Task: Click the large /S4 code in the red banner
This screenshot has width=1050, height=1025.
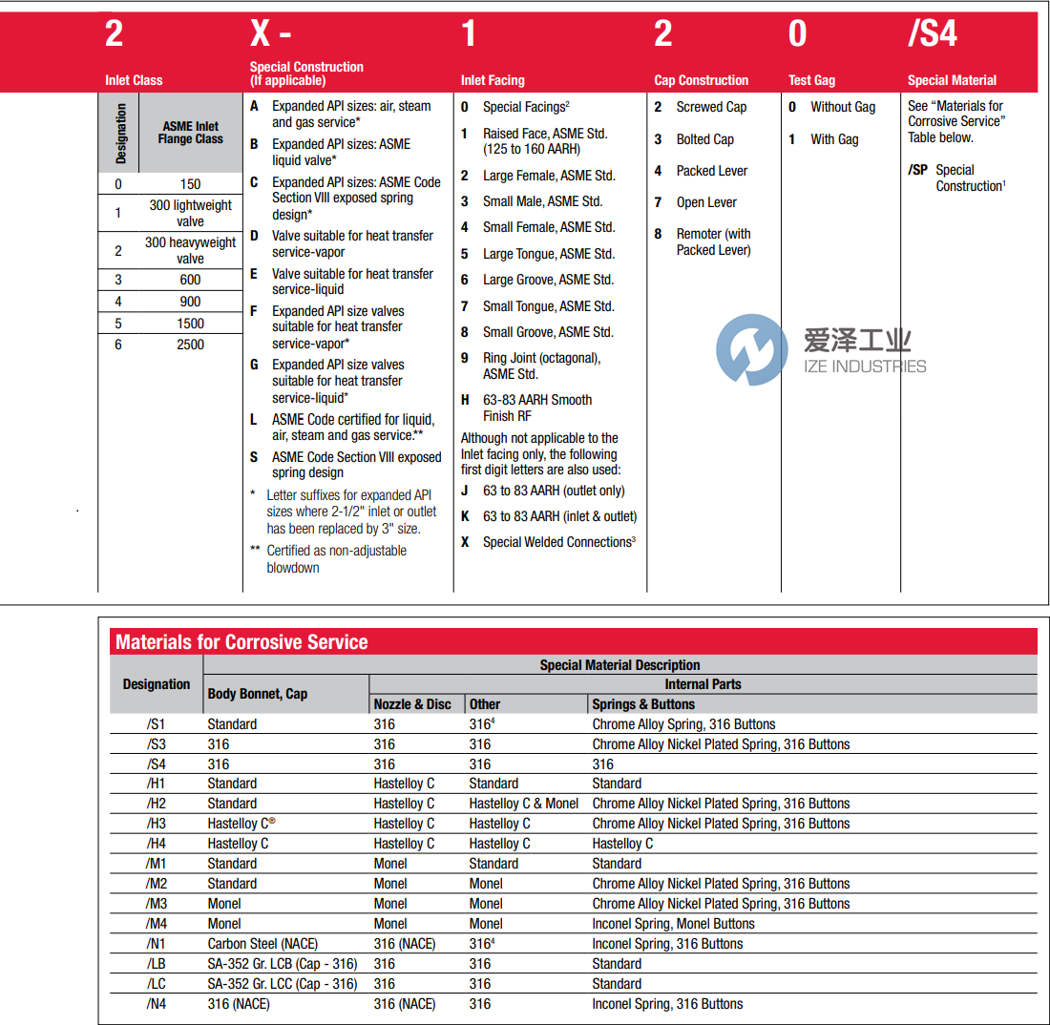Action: [932, 34]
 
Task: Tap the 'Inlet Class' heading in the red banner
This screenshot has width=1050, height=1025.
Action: [134, 80]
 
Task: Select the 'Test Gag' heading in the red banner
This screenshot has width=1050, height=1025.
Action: [811, 80]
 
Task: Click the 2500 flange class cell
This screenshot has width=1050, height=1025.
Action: [190, 345]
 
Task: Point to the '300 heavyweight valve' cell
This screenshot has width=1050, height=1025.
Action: [190, 250]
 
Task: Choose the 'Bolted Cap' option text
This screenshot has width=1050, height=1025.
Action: [704, 139]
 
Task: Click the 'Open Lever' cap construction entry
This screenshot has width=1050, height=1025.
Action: [706, 202]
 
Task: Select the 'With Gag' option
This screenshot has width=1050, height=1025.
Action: [834, 139]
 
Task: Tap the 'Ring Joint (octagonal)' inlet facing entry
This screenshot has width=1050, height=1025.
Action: [541, 358]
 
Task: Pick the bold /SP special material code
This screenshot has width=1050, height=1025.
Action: [917, 170]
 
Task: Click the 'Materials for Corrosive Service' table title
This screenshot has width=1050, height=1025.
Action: [241, 642]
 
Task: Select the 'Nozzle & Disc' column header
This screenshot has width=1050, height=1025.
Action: [412, 704]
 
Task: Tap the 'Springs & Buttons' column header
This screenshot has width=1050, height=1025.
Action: [643, 704]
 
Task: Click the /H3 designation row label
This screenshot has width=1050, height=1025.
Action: [157, 824]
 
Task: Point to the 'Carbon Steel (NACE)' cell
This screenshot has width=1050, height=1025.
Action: [268, 944]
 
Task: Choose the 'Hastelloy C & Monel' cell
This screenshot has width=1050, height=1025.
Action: [524, 804]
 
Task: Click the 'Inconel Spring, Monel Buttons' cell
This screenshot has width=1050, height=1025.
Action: [673, 924]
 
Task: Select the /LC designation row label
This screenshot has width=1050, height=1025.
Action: [157, 984]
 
